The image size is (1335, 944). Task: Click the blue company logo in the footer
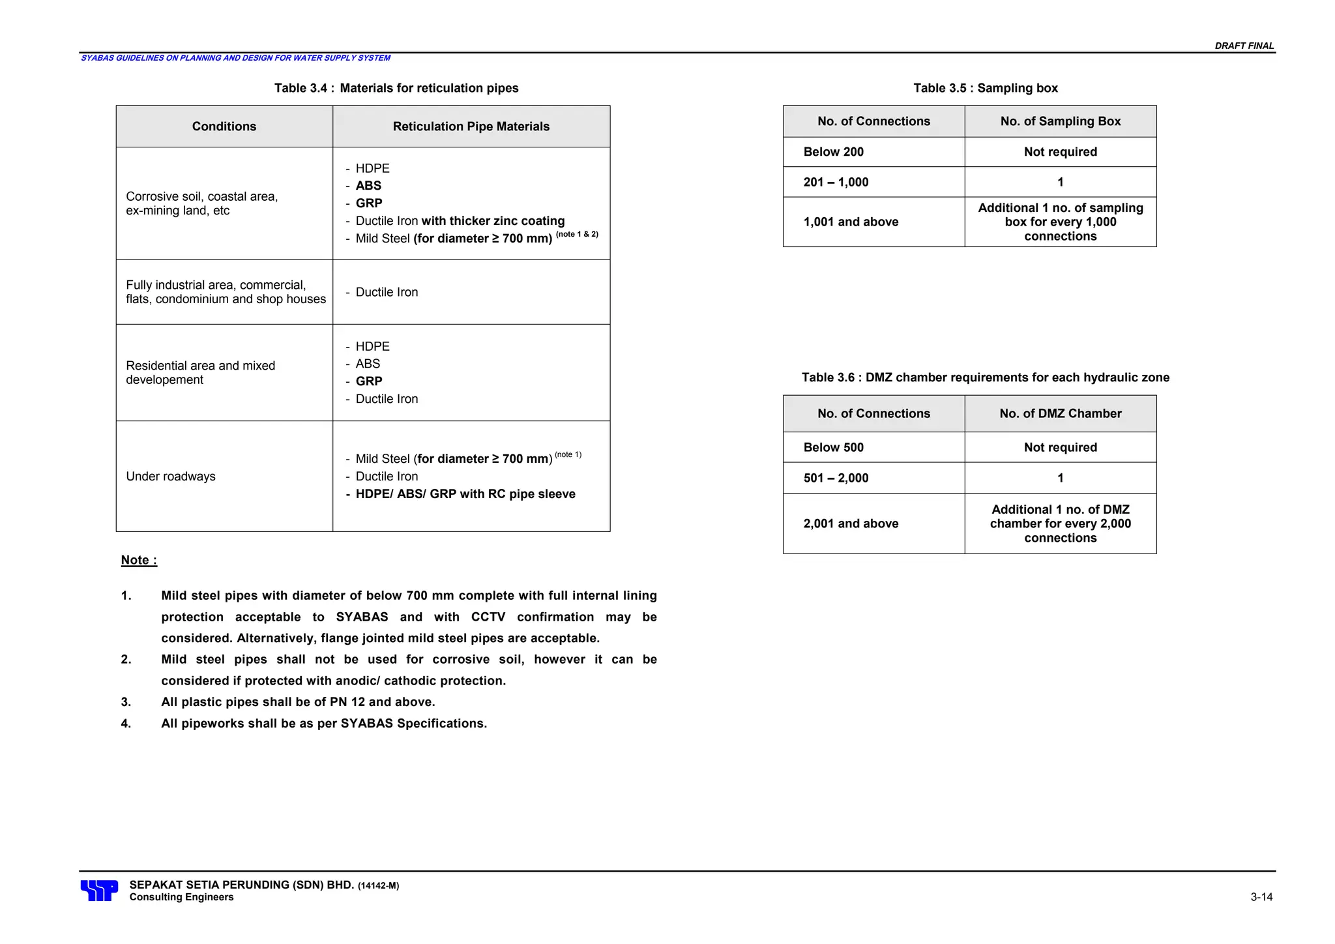point(99,891)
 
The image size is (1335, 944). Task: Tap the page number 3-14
point(1261,897)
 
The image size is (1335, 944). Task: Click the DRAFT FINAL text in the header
point(1244,46)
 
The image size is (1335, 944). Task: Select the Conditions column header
point(224,126)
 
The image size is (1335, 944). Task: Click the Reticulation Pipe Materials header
point(471,126)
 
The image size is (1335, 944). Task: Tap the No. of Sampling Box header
point(1060,121)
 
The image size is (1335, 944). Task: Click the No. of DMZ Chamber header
point(1060,413)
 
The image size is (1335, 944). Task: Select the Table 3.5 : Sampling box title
point(985,88)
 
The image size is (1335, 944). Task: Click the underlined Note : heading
point(139,560)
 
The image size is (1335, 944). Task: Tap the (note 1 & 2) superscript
point(577,234)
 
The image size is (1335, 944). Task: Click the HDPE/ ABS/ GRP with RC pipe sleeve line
point(465,494)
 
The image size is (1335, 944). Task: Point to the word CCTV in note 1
point(488,617)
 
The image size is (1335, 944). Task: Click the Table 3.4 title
point(396,88)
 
